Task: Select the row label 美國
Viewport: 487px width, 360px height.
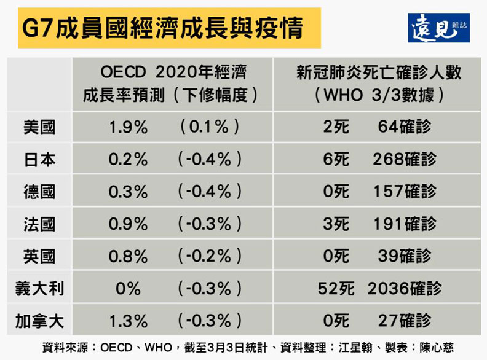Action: coord(39,127)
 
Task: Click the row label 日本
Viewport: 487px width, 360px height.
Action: coord(39,159)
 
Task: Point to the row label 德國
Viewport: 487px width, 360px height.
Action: coord(39,191)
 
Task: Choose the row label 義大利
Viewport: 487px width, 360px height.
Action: coord(39,287)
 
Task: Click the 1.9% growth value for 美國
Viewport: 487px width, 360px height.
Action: coord(128,127)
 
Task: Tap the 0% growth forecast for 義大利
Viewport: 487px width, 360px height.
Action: coord(128,287)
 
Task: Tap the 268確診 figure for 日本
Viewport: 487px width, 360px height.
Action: coord(405,159)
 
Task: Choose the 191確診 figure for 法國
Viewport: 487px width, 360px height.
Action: coord(405,223)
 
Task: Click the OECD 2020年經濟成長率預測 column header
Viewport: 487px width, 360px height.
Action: coord(170,85)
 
